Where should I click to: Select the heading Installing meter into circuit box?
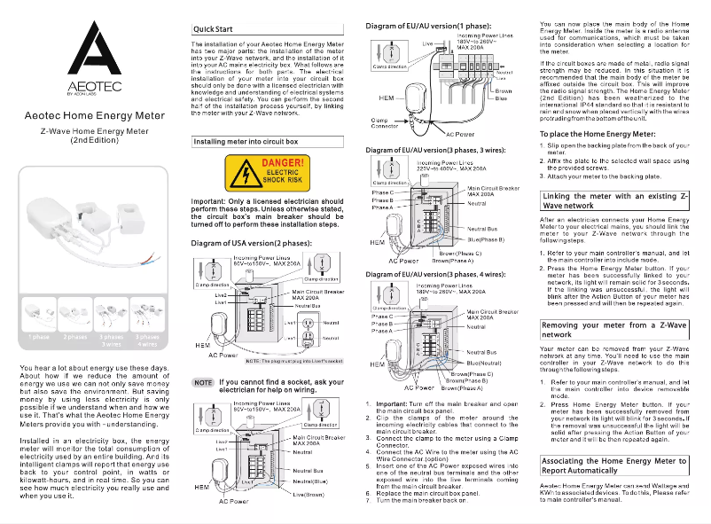[x=245, y=141]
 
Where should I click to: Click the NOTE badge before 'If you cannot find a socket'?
[x=202, y=382]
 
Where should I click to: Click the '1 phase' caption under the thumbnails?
[x=39, y=338]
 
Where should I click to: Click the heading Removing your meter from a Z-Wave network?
[x=613, y=330]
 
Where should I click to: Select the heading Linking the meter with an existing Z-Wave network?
[x=613, y=199]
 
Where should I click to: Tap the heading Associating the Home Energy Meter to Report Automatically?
[x=613, y=466]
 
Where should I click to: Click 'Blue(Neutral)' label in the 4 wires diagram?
[x=485, y=364]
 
